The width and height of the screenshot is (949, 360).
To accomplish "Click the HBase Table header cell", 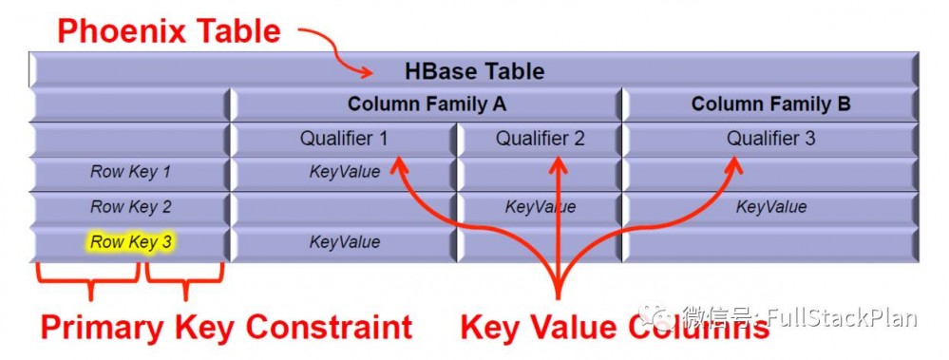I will pos(474,71).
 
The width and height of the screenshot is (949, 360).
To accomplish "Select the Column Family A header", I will pos(427,104).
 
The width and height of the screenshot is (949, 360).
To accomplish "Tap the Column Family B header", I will pos(770,104).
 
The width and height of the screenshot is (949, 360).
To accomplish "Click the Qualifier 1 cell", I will pos(344,139).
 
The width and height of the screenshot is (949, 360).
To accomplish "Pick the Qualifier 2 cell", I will pos(540,139).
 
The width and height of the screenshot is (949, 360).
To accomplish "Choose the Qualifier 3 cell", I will pos(770,139).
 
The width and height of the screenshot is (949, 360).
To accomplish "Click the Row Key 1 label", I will pos(131,173).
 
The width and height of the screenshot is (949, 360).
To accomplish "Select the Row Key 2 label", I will pos(131,207).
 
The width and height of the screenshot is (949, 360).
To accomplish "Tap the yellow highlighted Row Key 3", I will pos(131,242).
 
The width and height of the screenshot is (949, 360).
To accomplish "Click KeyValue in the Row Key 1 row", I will pos(344,173).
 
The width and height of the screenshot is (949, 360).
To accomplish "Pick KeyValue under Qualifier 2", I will pos(540,207).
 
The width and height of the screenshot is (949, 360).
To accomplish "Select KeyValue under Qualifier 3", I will pos(770,207).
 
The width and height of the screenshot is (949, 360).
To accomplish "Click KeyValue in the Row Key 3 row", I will pos(344,242).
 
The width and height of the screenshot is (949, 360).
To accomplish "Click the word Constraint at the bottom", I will pos(328,328).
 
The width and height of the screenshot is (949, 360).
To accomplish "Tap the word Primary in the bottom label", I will pos(100,328).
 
